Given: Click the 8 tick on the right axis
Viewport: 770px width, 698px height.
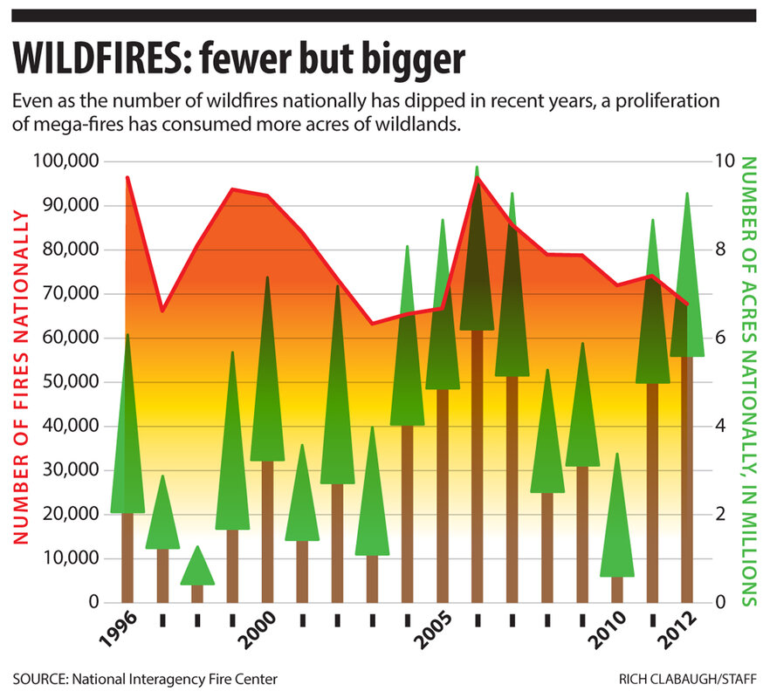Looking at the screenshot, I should (720, 250).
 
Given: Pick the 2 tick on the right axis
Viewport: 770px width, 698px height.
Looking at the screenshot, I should (720, 514).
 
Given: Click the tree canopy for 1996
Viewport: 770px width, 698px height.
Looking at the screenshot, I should (127, 436).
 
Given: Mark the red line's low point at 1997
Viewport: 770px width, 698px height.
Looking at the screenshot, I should (162, 311).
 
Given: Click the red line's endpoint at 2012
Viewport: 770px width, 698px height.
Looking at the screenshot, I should (687, 304).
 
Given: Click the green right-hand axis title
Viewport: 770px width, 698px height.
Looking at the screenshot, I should (748, 380).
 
